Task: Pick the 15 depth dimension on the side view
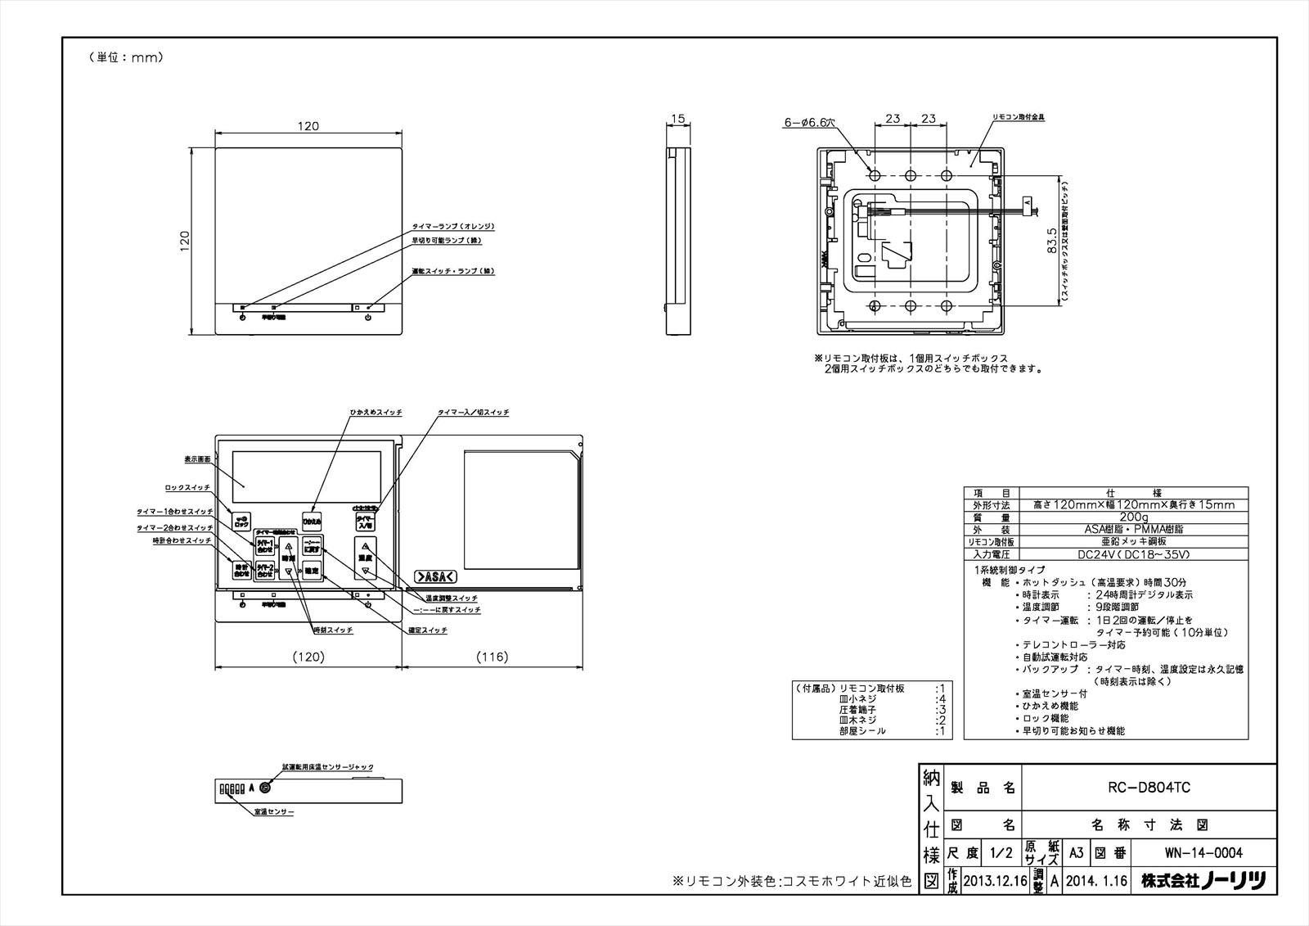(677, 120)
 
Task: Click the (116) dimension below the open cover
(492, 657)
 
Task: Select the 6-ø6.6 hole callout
(810, 123)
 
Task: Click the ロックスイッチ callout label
(188, 488)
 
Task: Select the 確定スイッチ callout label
(428, 630)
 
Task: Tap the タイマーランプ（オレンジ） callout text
(453, 227)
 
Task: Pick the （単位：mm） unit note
(125, 58)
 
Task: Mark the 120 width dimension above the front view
(308, 127)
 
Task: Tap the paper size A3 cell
(1077, 853)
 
